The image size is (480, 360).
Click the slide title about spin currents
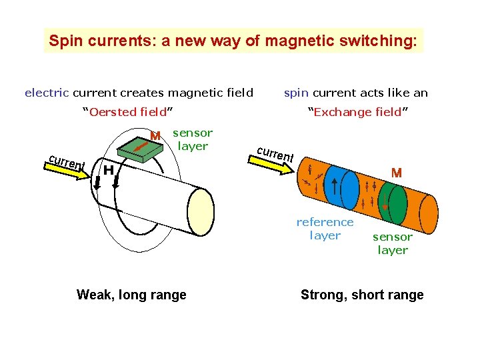click(233, 41)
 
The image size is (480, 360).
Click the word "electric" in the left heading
click(47, 93)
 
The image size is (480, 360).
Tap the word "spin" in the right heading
click(296, 93)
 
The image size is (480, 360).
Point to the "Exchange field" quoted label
click(357, 112)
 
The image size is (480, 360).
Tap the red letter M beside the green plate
click(155, 136)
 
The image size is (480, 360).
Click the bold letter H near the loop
click(107, 171)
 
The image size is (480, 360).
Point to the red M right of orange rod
click(397, 173)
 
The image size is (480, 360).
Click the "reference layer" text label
click(325, 228)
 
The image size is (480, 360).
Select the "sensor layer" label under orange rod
click(393, 243)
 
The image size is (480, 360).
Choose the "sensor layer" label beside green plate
click(193, 139)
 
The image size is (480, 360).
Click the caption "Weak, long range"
click(131, 295)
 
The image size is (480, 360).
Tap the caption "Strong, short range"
click(362, 295)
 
